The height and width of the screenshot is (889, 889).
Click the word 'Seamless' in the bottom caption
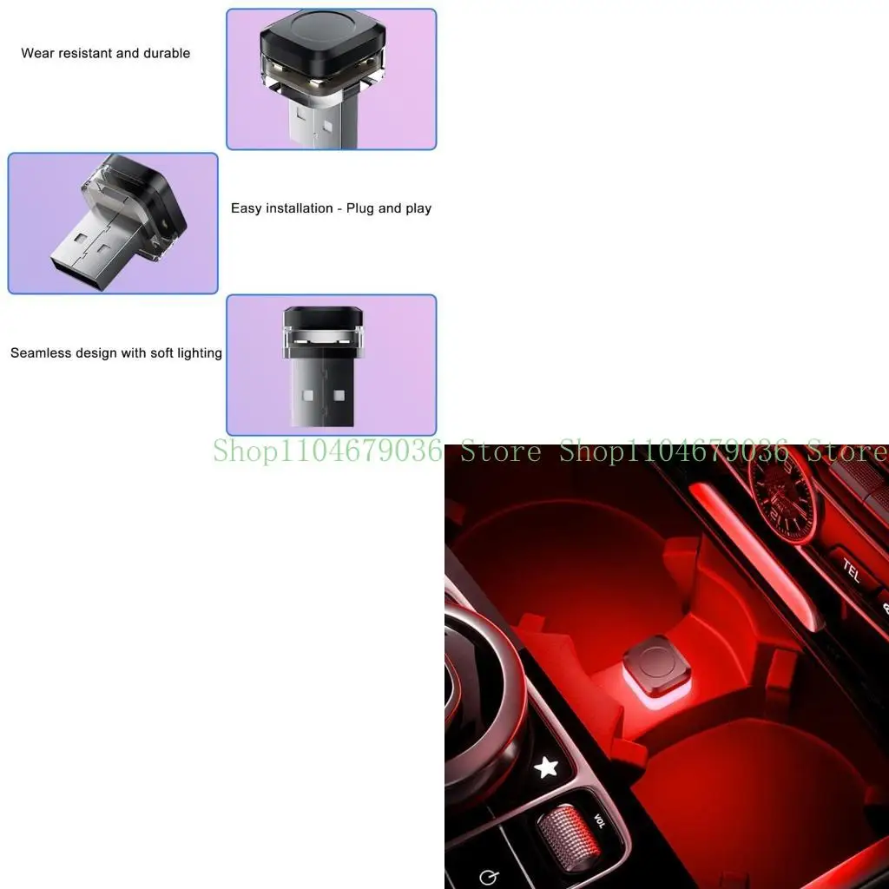pos(40,354)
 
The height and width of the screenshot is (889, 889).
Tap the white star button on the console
pos(545,767)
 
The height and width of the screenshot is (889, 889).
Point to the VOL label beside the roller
pos(598,820)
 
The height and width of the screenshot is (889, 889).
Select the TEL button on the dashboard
pos(851,570)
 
